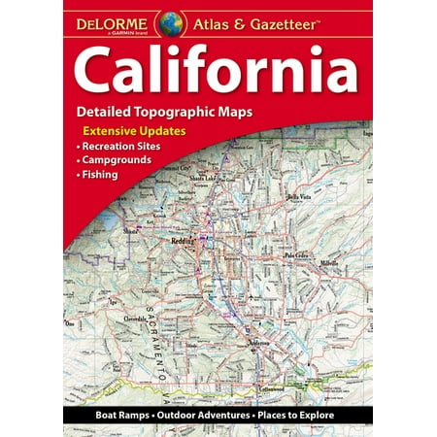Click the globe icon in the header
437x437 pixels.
point(173,19)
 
